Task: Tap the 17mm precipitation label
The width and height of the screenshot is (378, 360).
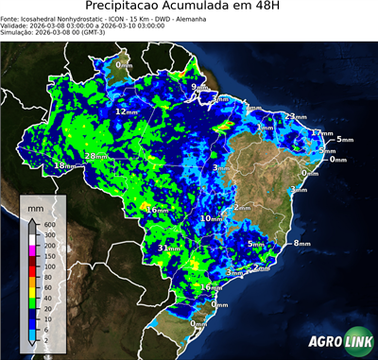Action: click(321, 133)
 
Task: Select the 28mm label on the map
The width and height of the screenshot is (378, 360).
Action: click(95, 156)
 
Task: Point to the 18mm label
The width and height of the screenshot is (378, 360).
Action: click(64, 166)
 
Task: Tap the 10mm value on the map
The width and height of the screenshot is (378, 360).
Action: click(210, 218)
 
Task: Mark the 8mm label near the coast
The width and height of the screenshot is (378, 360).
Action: click(301, 244)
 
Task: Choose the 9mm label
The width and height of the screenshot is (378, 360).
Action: click(198, 88)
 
